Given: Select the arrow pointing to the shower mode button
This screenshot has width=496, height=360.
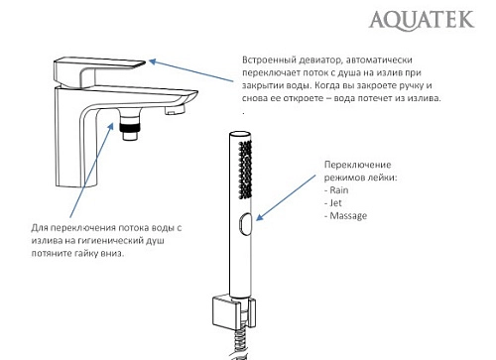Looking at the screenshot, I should point(287,199).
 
